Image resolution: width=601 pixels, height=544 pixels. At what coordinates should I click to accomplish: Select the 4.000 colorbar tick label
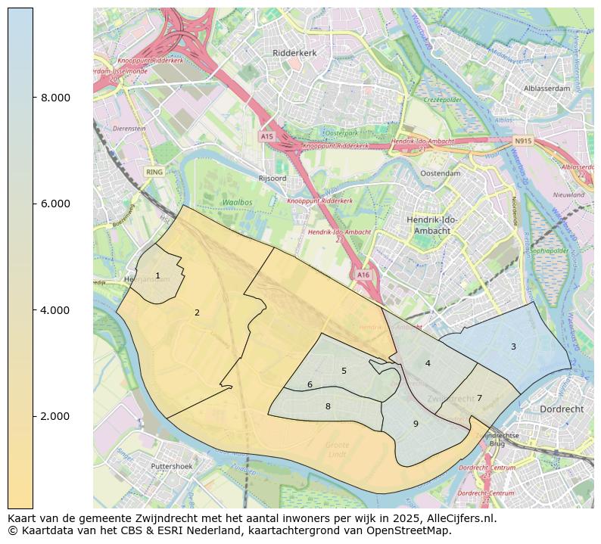pyautogui.click(x=54, y=310)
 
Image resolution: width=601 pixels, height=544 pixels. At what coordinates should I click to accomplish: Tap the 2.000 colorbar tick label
pyautogui.click(x=54, y=416)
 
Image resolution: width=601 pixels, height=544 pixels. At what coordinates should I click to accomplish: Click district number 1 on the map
pyautogui.click(x=157, y=276)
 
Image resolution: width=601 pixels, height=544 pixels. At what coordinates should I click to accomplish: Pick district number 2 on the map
pyautogui.click(x=197, y=312)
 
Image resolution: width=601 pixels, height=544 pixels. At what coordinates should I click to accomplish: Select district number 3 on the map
pyautogui.click(x=513, y=347)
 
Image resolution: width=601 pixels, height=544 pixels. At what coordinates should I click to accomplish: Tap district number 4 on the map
pyautogui.click(x=428, y=363)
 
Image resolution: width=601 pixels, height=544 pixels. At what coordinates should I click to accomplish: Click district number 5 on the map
pyautogui.click(x=344, y=371)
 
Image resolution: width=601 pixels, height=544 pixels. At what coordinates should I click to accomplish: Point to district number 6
pyautogui.click(x=310, y=384)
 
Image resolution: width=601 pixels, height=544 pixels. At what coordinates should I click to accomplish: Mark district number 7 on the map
pyautogui.click(x=479, y=398)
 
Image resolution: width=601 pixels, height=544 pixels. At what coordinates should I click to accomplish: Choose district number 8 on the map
pyautogui.click(x=328, y=406)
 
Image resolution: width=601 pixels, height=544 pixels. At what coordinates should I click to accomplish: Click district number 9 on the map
pyautogui.click(x=416, y=424)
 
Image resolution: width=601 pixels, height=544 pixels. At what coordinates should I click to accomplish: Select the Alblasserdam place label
pyautogui.click(x=547, y=89)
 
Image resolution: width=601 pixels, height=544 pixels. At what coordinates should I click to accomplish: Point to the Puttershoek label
pyautogui.click(x=172, y=467)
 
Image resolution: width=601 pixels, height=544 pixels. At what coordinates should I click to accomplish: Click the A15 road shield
pyautogui.click(x=266, y=137)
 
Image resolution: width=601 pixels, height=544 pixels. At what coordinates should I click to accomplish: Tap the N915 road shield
pyautogui.click(x=523, y=141)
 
